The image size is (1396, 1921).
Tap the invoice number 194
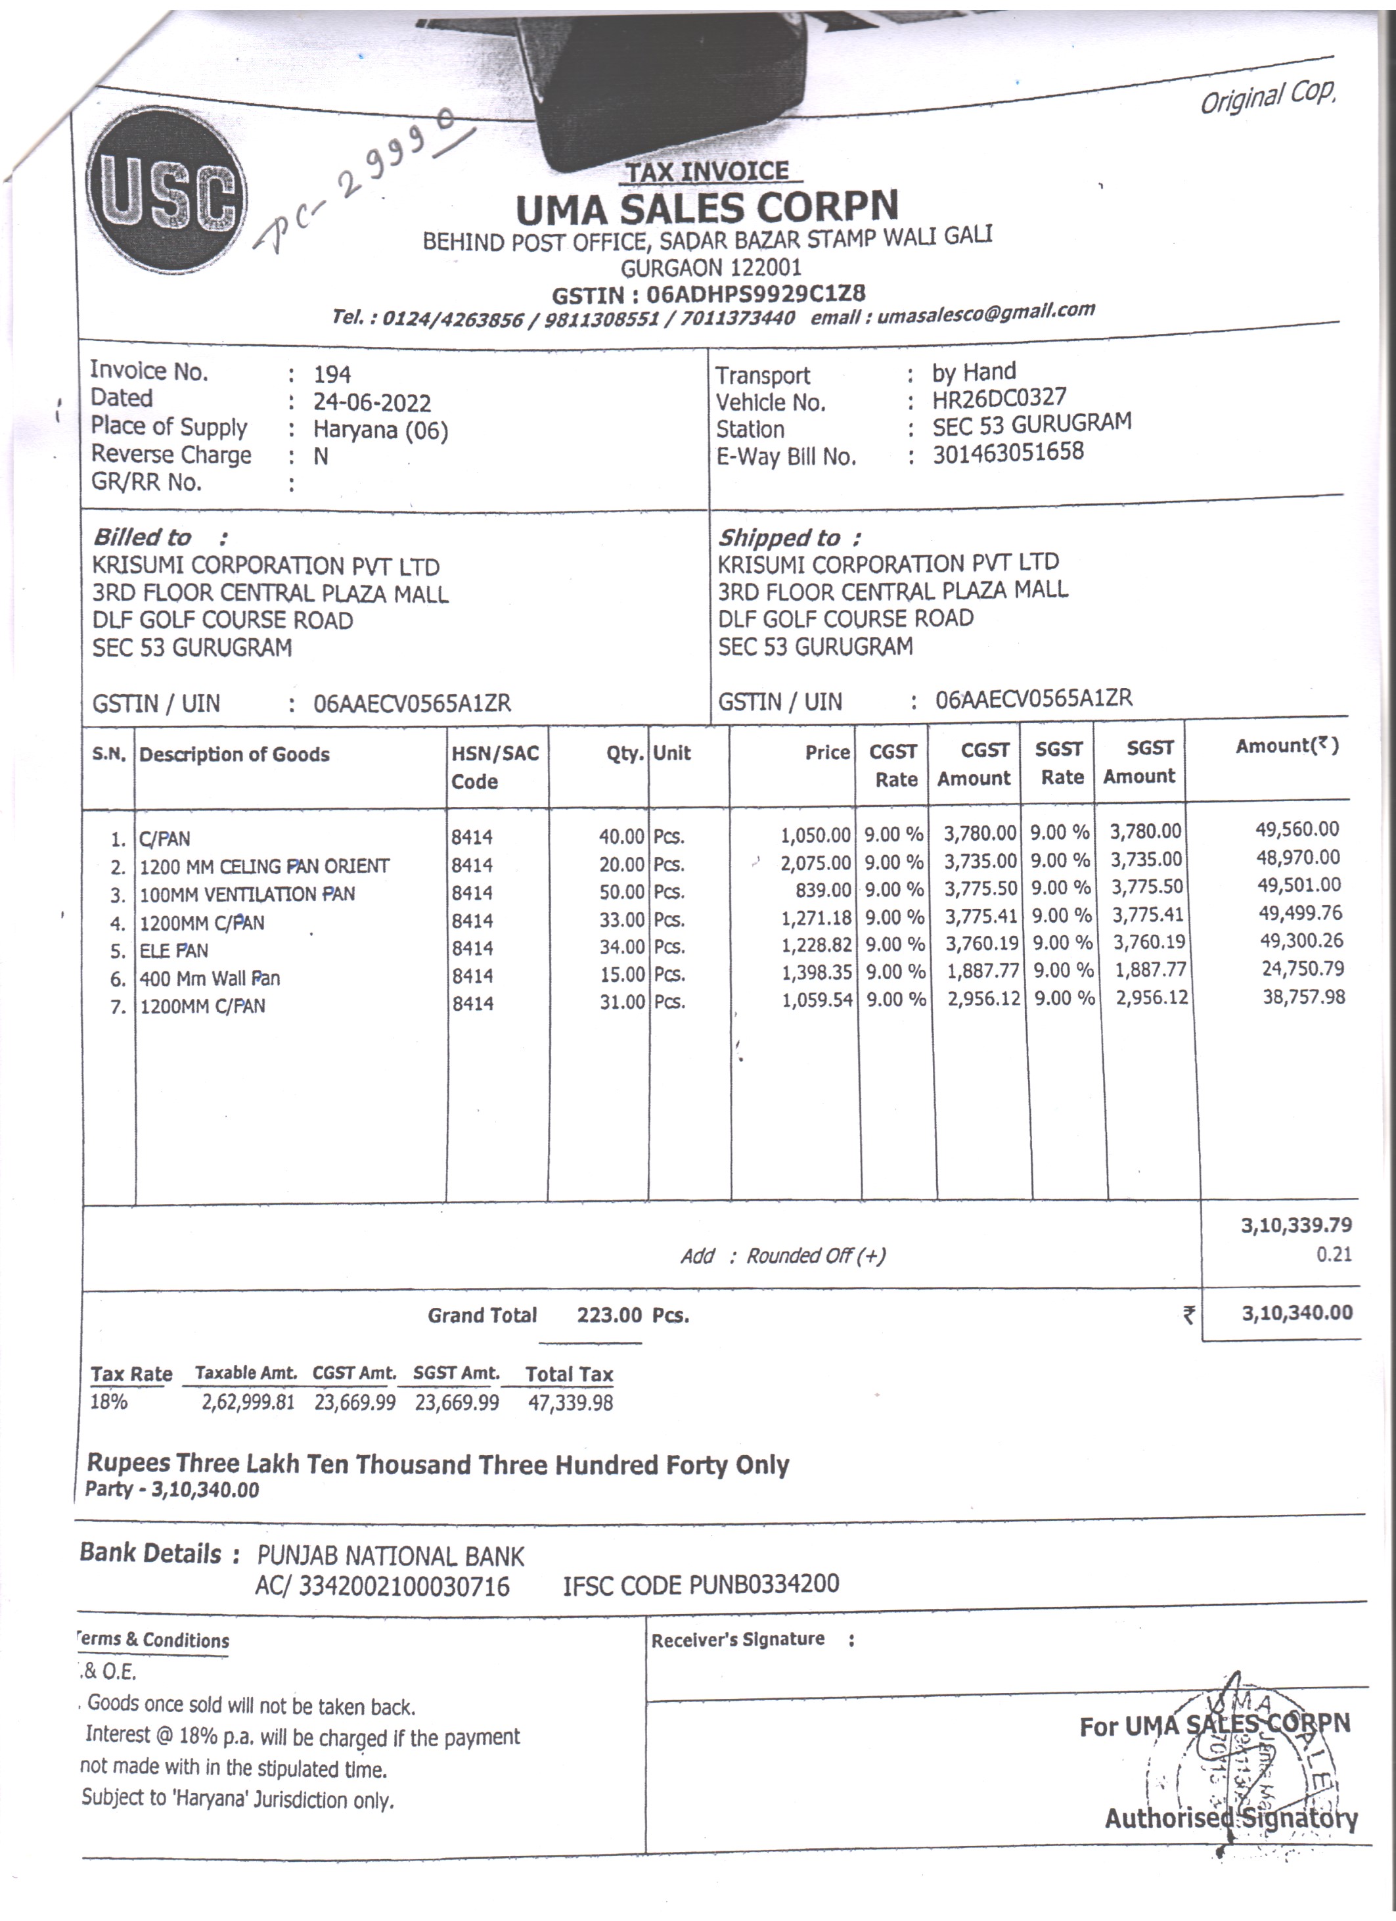(332, 375)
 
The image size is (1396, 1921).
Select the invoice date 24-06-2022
(372, 402)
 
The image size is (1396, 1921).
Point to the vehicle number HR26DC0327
(999, 398)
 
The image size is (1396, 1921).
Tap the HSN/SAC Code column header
(495, 766)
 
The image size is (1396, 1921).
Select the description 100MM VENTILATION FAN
(247, 894)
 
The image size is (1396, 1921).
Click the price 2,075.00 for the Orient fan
(815, 863)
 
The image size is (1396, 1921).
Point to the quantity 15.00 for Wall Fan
(622, 975)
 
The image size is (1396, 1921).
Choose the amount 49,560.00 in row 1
(1299, 829)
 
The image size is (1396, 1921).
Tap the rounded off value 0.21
(1334, 1255)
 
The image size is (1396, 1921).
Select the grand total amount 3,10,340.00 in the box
(1296, 1314)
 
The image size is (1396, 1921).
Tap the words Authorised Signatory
(1230, 1818)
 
